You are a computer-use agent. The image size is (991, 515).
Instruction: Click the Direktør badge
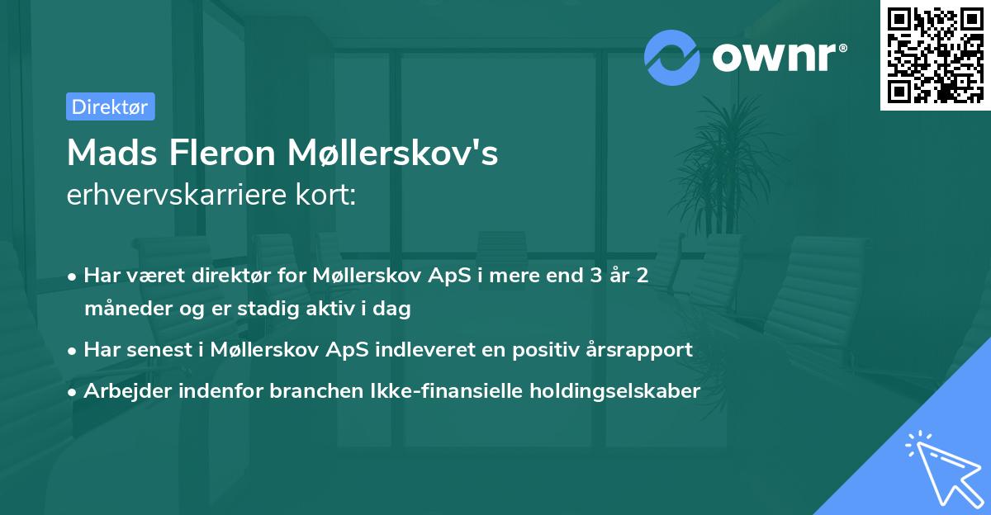[110, 106]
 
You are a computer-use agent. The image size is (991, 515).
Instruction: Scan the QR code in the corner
[934, 54]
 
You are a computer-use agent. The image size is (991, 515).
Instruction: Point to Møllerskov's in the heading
[393, 153]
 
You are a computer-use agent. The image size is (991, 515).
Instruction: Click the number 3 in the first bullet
[596, 276]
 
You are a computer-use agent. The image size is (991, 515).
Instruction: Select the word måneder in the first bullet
[122, 309]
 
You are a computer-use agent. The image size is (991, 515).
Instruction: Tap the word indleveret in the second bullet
[424, 350]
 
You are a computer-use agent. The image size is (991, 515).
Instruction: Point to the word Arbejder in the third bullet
[122, 391]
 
